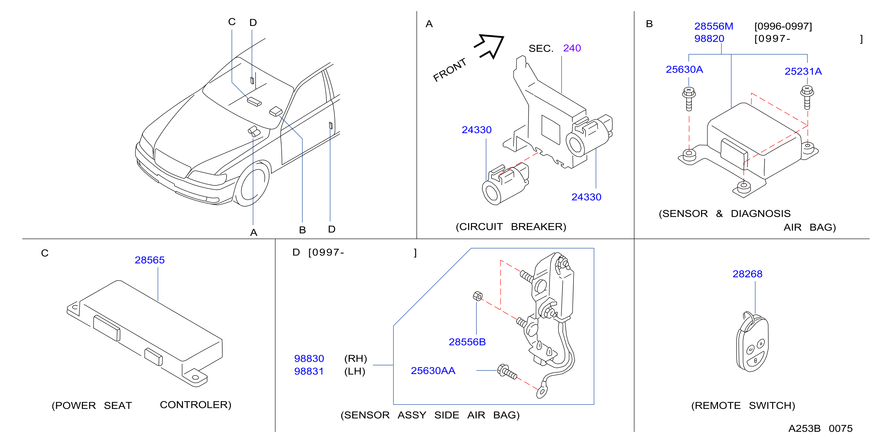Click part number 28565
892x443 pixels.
click(x=150, y=260)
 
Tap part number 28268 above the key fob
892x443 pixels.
click(x=747, y=274)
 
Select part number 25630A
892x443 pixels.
click(x=684, y=69)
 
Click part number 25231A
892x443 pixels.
click(x=803, y=71)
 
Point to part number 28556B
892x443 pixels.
click(x=467, y=342)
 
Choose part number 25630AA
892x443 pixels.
click(x=433, y=371)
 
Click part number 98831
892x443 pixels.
click(x=309, y=371)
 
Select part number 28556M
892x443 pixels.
click(x=714, y=26)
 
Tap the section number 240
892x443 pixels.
click(x=572, y=48)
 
